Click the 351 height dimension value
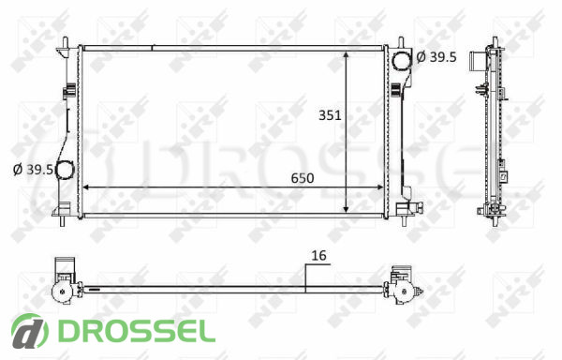tap(330, 115)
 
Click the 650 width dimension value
tap(303, 178)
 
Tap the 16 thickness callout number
tap(318, 256)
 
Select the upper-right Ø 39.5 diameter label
tap(436, 56)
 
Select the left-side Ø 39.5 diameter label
tap(33, 170)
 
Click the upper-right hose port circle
tap(401, 60)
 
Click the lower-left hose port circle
tap(65, 170)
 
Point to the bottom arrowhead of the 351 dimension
tap(346, 209)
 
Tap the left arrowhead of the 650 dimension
tap(86, 187)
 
